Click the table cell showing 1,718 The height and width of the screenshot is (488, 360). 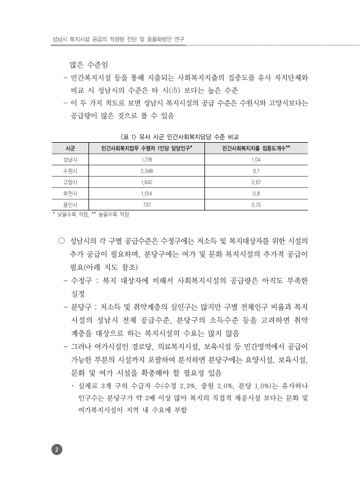click(x=146, y=159)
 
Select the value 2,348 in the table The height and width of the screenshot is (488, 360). click(x=146, y=170)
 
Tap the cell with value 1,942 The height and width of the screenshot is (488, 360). click(x=146, y=182)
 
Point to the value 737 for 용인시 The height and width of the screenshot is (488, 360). click(x=146, y=204)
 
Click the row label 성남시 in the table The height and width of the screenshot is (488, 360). click(x=70, y=159)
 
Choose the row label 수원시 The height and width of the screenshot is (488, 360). click(x=70, y=170)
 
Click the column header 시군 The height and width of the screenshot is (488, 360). click(x=70, y=148)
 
